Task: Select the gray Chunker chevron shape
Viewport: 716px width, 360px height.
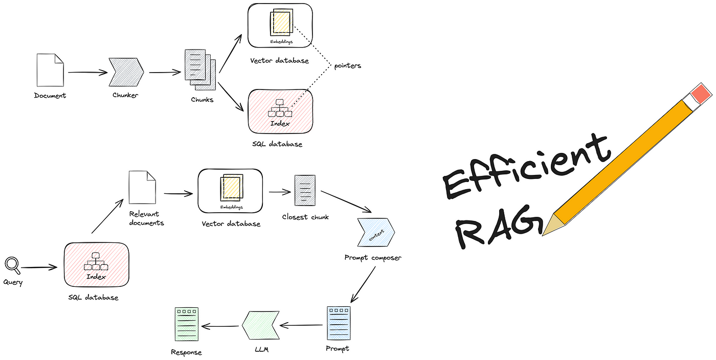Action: point(126,72)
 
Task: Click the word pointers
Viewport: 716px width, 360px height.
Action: point(348,65)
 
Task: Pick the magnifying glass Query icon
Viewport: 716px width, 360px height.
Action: point(12,264)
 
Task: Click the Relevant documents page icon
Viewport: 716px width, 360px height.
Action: point(142,187)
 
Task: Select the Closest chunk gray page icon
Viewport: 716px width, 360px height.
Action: point(305,190)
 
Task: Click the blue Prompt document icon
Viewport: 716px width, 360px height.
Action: point(339,323)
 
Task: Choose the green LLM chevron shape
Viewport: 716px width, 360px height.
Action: point(260,325)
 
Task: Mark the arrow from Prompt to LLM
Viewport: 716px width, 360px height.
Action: point(302,325)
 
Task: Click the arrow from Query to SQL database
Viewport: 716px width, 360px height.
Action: point(38,267)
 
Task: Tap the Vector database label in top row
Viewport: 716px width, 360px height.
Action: point(279,60)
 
